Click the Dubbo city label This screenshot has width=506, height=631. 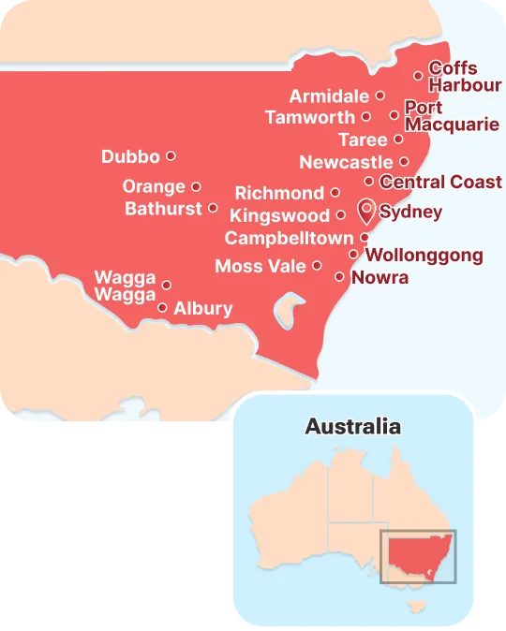(x=130, y=157)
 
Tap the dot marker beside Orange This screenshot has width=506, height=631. (x=196, y=186)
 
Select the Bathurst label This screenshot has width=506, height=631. (x=163, y=209)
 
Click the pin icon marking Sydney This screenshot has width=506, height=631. (x=366, y=209)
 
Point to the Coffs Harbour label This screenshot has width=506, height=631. (x=453, y=77)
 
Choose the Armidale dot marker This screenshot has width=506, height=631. (x=379, y=95)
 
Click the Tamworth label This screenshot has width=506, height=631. (x=310, y=118)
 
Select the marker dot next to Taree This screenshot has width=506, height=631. (x=398, y=139)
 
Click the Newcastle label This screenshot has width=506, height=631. (x=346, y=163)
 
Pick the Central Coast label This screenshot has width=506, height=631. (x=440, y=182)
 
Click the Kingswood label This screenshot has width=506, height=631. (x=279, y=216)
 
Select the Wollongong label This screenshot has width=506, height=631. (x=424, y=255)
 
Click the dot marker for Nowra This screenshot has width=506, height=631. (x=339, y=276)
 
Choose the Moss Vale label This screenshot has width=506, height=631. (x=260, y=267)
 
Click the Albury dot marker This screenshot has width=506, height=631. (x=163, y=307)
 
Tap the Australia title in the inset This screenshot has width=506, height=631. (x=353, y=427)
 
